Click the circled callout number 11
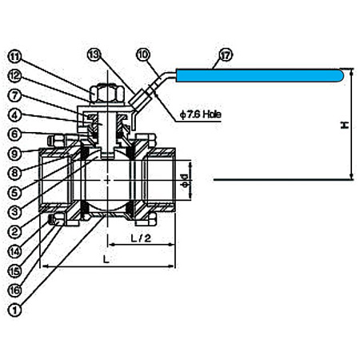pyautogui.click(x=15, y=57)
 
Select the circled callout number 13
pyautogui.click(x=94, y=54)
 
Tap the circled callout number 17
pyautogui.click(x=226, y=55)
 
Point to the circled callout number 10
pyautogui.click(x=143, y=54)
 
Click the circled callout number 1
pyautogui.click(x=15, y=310)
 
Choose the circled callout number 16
pyautogui.click(x=15, y=290)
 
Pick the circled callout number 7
pyautogui.click(x=15, y=95)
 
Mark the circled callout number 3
pyautogui.click(x=15, y=212)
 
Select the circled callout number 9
pyautogui.click(x=15, y=154)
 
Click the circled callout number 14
pyautogui.click(x=15, y=251)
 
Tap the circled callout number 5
pyautogui.click(x=15, y=192)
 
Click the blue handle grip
pyautogui.click(x=260, y=75)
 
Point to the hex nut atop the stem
pyautogui.click(x=107, y=94)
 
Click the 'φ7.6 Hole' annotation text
pyautogui.click(x=201, y=114)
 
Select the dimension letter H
pyautogui.click(x=345, y=125)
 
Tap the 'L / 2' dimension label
pyautogui.click(x=141, y=238)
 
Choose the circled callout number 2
pyautogui.click(x=15, y=231)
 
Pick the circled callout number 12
pyautogui.click(x=15, y=76)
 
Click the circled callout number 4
pyautogui.click(x=15, y=115)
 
